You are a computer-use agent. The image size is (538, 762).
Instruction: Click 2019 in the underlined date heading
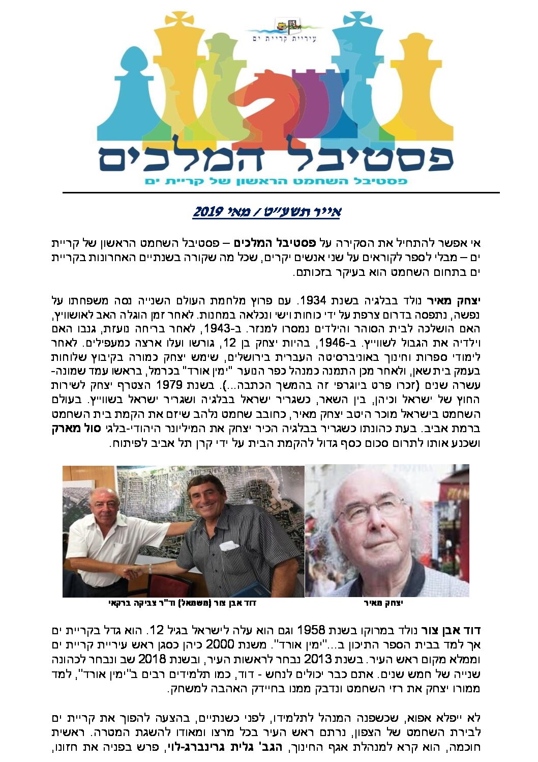(206, 212)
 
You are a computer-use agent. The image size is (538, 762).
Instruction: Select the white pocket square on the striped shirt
(229, 546)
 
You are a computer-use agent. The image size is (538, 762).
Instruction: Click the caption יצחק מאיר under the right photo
(384, 603)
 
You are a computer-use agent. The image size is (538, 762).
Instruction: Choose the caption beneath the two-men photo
(183, 603)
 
